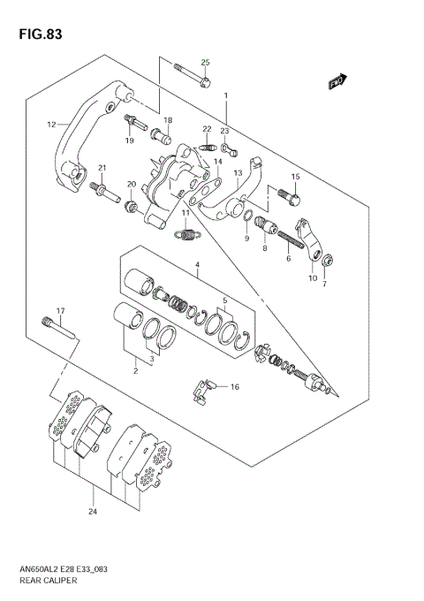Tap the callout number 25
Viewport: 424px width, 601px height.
[205, 62]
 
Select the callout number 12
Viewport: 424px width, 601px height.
[51, 125]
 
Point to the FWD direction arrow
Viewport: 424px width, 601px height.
[336, 83]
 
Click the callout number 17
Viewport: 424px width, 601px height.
[61, 310]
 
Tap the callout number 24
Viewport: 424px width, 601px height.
[93, 511]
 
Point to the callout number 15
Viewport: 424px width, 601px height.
[295, 177]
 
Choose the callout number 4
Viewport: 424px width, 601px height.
[198, 264]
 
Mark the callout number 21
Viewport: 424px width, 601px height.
[102, 168]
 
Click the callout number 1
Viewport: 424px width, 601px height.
[226, 95]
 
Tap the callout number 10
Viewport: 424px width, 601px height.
[311, 278]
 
